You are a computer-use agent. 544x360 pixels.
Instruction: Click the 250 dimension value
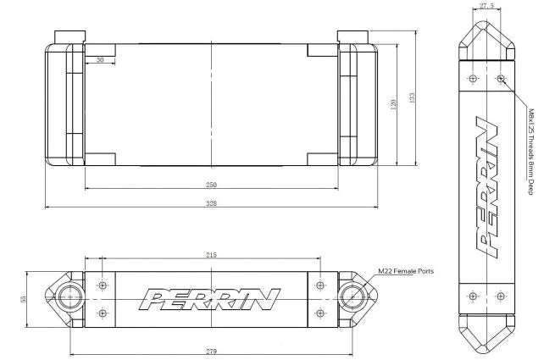click(211, 185)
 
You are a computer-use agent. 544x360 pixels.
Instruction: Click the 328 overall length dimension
click(211, 203)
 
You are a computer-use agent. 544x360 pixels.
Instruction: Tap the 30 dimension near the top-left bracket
click(100, 60)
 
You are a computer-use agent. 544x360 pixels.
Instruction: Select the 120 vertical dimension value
click(393, 104)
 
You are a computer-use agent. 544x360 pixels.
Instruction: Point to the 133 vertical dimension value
click(412, 97)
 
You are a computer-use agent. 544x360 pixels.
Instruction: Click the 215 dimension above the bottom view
click(211, 255)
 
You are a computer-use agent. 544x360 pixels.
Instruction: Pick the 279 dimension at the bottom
click(211, 352)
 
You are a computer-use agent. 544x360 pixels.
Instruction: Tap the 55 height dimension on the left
click(24, 299)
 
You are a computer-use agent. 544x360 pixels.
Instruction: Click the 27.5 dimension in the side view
click(486, 6)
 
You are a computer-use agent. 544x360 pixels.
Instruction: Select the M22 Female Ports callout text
click(406, 271)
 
